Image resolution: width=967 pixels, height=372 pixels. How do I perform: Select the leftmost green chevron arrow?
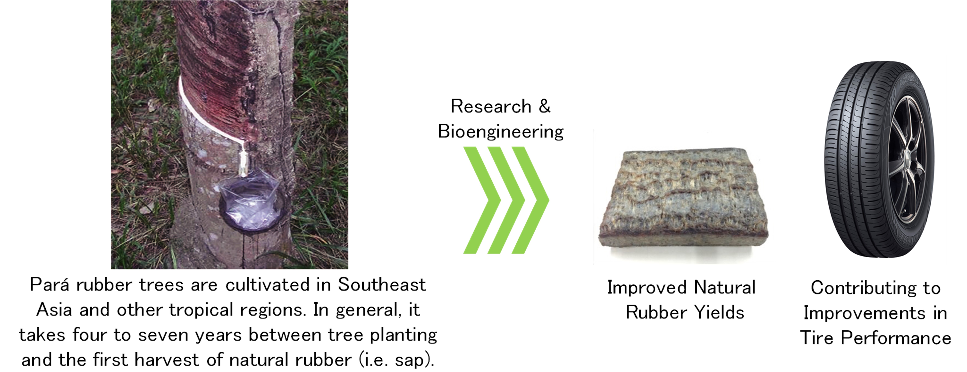click(482, 200)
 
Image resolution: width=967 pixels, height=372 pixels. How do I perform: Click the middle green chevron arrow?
click(506, 200)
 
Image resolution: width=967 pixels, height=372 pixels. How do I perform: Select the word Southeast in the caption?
click(382, 284)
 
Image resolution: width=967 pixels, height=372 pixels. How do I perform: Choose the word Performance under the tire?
click(896, 337)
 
